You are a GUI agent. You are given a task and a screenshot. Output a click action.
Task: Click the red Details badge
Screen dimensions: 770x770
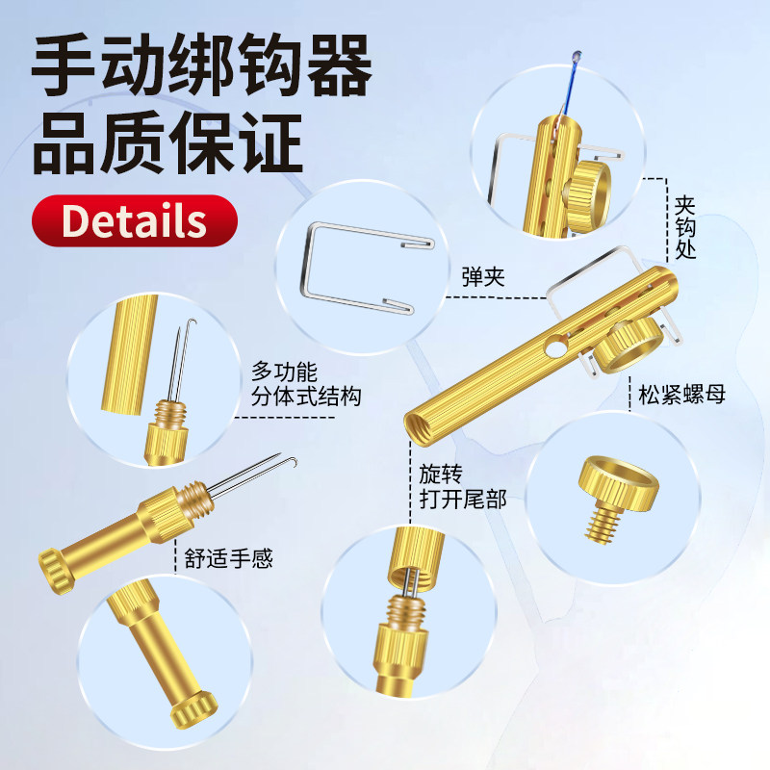pyautogui.click(x=134, y=220)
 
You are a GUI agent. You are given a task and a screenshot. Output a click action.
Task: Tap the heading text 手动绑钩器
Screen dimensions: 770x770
pyautogui.click(x=202, y=65)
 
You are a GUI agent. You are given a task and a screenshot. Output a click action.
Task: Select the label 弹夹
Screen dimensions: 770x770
pyautogui.click(x=482, y=279)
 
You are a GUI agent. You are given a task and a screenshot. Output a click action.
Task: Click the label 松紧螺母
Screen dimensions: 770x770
pyautogui.click(x=681, y=393)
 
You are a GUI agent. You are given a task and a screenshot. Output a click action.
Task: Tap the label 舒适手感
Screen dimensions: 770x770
pyautogui.click(x=224, y=557)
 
